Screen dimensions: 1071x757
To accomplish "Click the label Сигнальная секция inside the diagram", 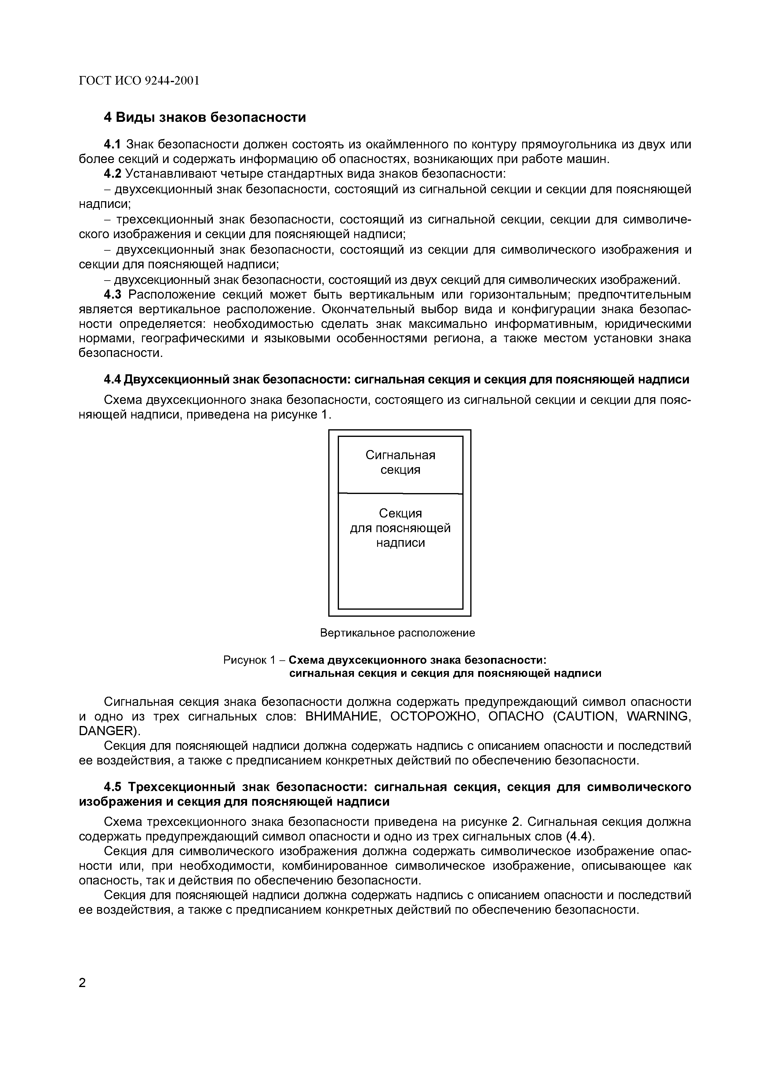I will tap(400, 462).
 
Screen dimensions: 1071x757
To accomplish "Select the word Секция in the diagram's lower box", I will tap(400, 513).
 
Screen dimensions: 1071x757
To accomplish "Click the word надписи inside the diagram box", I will tap(400, 543).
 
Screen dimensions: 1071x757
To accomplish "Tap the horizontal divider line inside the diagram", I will tap(400, 493).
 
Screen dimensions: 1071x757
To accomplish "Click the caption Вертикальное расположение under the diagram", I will tap(397, 633).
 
